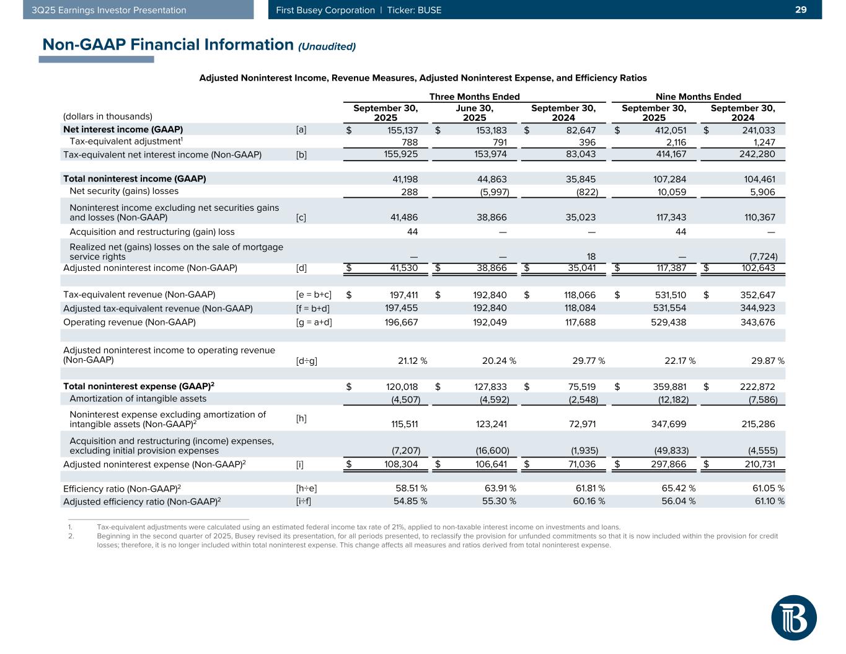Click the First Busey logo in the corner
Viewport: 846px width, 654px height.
pos(794,617)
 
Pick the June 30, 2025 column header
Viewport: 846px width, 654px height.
pos(475,113)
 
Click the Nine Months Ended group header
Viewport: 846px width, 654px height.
pos(698,97)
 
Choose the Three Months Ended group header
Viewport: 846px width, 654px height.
pos(474,97)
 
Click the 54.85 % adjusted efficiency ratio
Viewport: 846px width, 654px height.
pos(410,501)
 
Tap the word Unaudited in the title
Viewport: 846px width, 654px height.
pos(327,46)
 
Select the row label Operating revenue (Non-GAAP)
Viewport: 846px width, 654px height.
pos(130,322)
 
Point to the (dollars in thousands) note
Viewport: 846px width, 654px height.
pos(108,117)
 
